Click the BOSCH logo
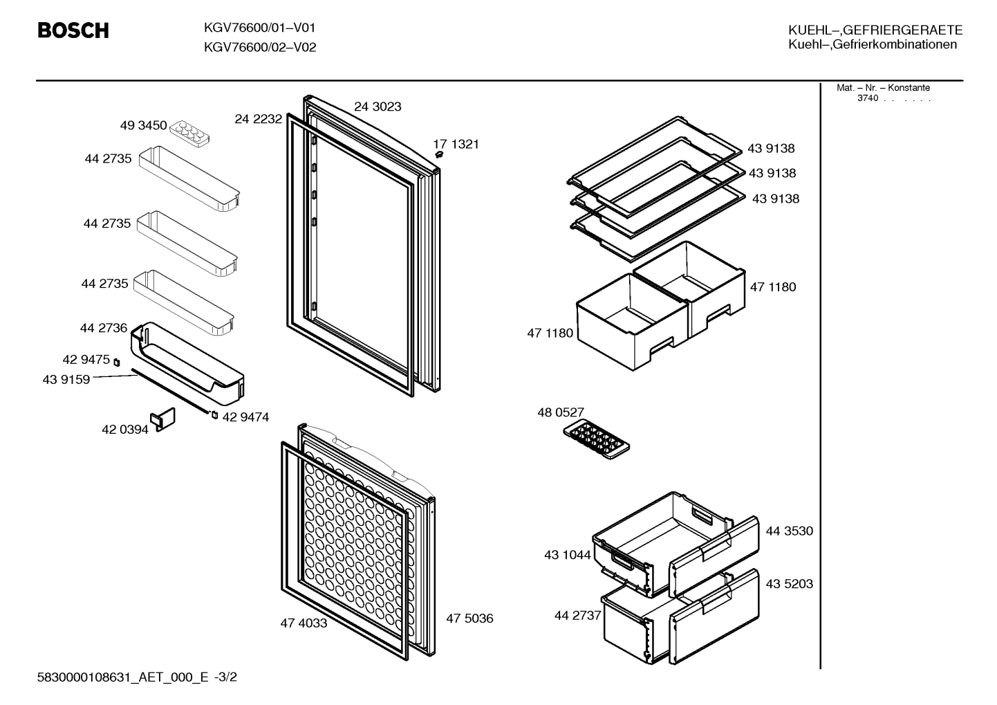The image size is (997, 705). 73,30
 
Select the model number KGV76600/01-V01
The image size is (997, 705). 259,28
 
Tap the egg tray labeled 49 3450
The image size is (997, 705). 189,133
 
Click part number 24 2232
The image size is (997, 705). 258,119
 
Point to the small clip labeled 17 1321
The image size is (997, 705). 439,154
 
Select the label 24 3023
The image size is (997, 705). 378,107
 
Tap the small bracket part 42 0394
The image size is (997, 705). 163,419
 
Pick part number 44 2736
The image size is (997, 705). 103,328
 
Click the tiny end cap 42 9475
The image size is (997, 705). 117,363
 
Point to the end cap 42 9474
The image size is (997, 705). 214,415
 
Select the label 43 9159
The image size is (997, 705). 66,379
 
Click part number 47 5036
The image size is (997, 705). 469,618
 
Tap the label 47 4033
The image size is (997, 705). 304,623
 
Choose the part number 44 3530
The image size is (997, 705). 789,531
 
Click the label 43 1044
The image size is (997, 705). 568,555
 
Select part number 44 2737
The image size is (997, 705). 578,616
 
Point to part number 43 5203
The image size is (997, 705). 789,583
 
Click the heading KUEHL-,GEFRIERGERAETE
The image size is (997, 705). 875,30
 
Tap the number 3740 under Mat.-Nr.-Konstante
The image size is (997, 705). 868,98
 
